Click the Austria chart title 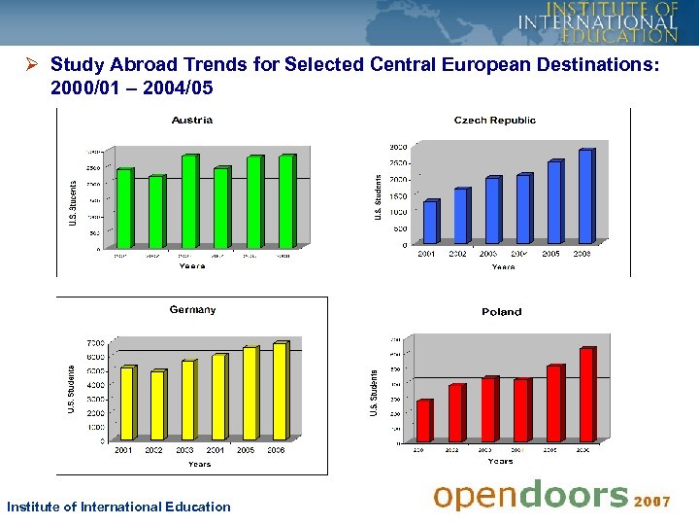192,121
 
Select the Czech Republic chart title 494,121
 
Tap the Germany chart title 192,310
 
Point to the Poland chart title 501,312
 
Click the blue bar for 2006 584,196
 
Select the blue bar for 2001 430,222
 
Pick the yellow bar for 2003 187,401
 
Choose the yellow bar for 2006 279,392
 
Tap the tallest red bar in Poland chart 586,395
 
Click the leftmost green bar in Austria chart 123,209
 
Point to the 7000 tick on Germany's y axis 95,343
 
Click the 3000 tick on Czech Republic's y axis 398,147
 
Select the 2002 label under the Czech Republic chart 457,254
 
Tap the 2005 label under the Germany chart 246,450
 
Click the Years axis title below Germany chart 198,464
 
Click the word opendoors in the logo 530,496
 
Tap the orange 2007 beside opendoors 652,502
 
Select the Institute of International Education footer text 118,507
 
